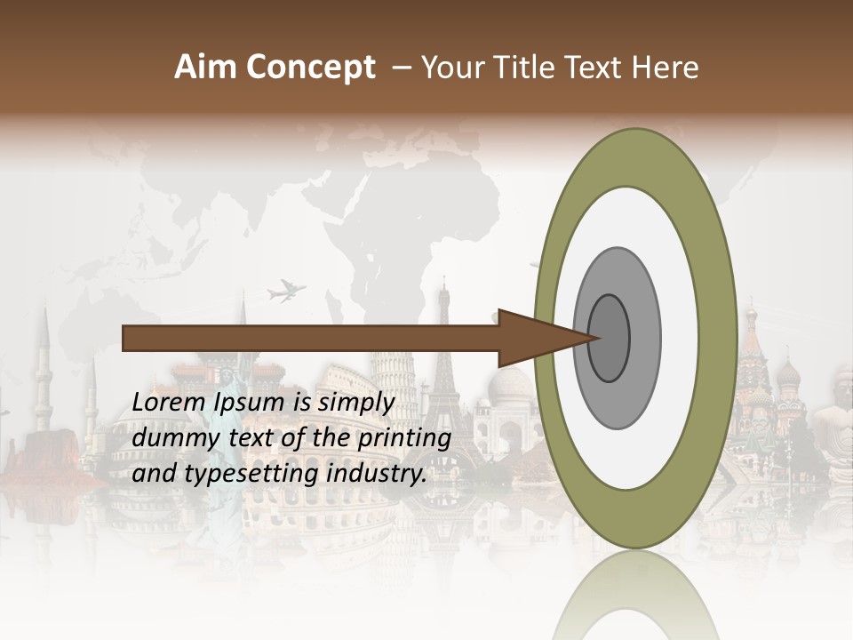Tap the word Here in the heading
(x=666, y=68)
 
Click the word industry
(x=373, y=474)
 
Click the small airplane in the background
(x=286, y=290)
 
